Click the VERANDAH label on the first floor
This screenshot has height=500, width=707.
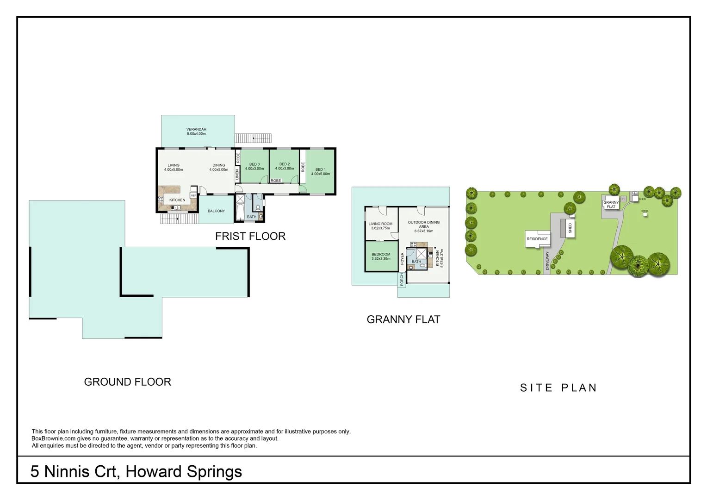(196, 131)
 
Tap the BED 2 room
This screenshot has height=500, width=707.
(285, 166)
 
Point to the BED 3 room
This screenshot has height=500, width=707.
(254, 166)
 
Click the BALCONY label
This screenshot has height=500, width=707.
(216, 211)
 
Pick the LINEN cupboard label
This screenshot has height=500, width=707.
(237, 175)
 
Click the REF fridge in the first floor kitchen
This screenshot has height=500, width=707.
(193, 196)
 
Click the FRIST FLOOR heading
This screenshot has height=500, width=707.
(250, 236)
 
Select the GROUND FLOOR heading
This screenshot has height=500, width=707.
(128, 382)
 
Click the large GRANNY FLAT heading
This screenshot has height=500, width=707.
(403, 319)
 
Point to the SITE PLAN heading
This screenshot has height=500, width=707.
(558, 388)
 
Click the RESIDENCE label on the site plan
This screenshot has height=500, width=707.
(537, 239)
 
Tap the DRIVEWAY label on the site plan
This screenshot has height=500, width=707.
(547, 261)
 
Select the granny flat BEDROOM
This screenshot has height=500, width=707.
(381, 256)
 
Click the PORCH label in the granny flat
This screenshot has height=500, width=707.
(402, 279)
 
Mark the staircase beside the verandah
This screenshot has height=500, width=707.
(253, 138)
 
